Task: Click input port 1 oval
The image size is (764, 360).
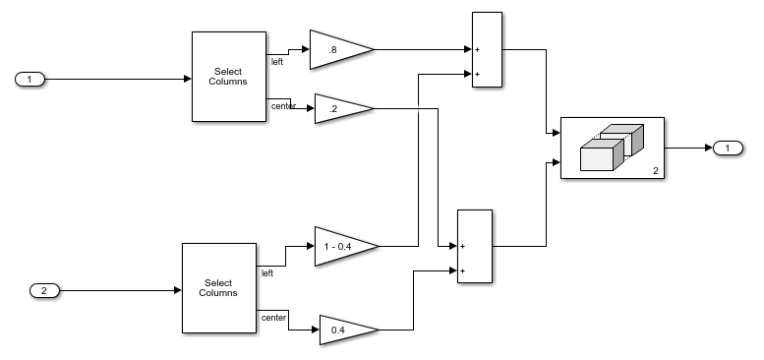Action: (29, 79)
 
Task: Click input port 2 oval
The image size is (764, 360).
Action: (44, 290)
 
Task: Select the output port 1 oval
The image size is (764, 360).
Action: (727, 149)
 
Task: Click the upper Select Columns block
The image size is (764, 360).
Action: (228, 77)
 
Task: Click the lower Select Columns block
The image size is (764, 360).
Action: (218, 288)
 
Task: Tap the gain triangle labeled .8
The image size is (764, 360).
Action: (335, 49)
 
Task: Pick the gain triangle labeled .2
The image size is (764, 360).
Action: (339, 109)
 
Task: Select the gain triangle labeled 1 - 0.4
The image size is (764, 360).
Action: (341, 246)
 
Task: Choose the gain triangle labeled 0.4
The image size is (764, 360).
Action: (343, 330)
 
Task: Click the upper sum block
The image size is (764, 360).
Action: (487, 50)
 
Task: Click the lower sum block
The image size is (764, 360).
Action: (474, 247)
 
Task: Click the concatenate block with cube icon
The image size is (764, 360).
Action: (612, 149)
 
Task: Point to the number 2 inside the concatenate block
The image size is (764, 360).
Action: (655, 171)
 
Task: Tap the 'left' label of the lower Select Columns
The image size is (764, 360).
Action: (267, 273)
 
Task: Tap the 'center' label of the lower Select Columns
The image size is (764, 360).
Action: (274, 318)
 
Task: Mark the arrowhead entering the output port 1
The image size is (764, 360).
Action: (706, 149)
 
